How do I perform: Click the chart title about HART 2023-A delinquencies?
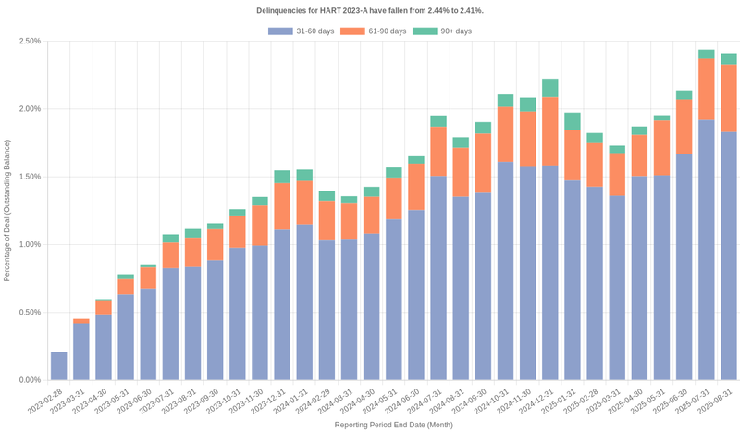[370, 10]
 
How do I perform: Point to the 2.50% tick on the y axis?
[29, 42]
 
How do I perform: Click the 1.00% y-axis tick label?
[29, 245]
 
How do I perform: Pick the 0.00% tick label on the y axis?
[29, 380]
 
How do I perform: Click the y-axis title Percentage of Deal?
[7, 210]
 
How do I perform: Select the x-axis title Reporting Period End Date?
[393, 425]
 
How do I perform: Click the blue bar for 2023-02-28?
[58, 366]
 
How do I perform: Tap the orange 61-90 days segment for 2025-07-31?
[706, 90]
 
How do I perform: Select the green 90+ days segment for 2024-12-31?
[549, 88]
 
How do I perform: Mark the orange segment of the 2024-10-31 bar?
[505, 135]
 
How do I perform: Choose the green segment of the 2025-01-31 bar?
[572, 121]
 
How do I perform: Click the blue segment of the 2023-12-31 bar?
[282, 305]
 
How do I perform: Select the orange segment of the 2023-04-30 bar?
[103, 307]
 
